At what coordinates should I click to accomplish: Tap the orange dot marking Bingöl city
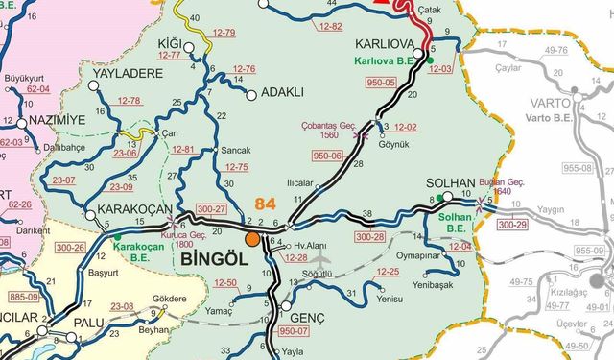pyautogui.click(x=251, y=238)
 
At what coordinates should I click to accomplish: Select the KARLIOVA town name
pyautogui.click(x=384, y=44)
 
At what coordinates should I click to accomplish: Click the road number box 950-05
pyautogui.click(x=381, y=83)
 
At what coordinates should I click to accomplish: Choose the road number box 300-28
pyautogui.click(x=370, y=235)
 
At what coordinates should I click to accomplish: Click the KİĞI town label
pyautogui.click(x=169, y=43)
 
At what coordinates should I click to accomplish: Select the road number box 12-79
pyautogui.click(x=224, y=33)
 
